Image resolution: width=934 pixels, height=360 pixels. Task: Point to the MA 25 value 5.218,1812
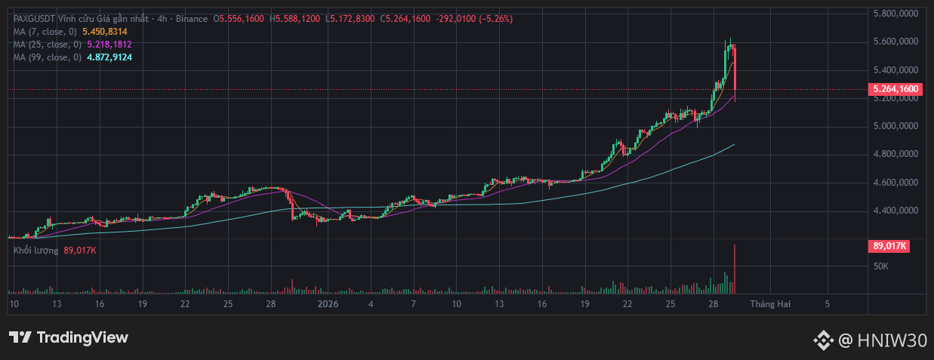109,45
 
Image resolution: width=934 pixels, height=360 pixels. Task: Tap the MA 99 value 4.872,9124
109,57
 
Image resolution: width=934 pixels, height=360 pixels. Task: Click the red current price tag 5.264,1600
895,89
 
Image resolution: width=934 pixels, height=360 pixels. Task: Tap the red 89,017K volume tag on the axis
889,245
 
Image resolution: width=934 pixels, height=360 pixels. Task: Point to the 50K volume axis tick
880,266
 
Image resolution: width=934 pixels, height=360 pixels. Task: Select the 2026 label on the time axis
328,303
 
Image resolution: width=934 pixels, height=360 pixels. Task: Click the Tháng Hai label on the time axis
770,303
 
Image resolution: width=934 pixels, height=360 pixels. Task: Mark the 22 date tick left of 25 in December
185,303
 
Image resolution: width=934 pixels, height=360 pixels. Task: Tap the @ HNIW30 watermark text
882,341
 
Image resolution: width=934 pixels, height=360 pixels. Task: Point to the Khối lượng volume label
35,250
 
